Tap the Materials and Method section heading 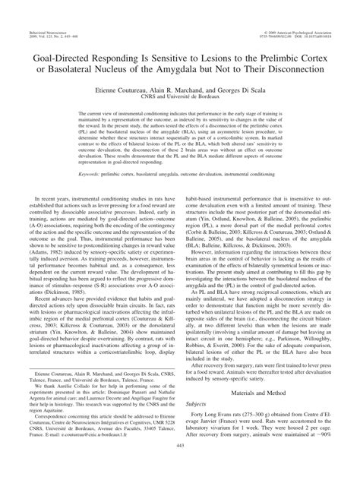point(267,395)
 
